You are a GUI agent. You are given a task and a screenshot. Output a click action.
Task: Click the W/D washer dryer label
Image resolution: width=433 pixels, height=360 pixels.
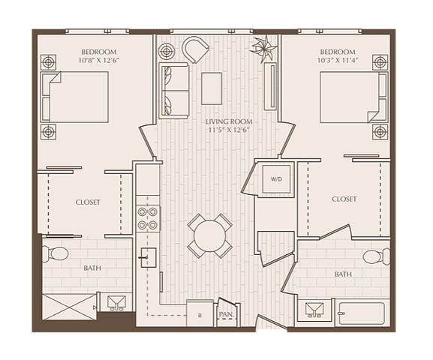click(276, 179)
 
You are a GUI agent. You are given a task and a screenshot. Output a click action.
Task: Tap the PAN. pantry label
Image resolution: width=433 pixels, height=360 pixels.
click(227, 314)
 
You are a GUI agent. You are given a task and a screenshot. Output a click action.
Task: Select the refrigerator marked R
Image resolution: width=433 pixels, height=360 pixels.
click(200, 313)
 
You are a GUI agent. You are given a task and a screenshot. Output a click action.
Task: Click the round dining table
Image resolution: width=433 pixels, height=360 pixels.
click(209, 236)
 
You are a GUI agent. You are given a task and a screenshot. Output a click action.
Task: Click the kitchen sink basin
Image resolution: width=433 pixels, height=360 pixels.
click(149, 257)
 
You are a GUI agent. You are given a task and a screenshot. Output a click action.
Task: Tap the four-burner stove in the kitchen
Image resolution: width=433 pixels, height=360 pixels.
click(148, 219)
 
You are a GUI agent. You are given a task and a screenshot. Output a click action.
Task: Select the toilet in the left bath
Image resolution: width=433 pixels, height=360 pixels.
click(56, 253)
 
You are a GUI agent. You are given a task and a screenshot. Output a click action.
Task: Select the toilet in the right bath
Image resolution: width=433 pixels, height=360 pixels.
click(377, 256)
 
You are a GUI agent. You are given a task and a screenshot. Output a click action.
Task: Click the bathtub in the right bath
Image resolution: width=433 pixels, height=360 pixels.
click(362, 313)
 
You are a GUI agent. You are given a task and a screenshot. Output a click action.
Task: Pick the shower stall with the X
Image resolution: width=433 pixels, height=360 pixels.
click(69, 307)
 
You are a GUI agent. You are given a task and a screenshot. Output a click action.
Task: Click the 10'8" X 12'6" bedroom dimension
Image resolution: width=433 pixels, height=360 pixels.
click(98, 60)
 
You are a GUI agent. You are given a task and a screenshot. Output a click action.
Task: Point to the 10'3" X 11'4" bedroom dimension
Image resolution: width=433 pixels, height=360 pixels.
click(338, 60)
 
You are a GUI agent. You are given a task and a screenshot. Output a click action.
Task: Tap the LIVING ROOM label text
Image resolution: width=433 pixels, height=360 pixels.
click(229, 121)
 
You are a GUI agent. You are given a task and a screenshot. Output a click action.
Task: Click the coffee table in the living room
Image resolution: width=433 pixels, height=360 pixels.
click(212, 88)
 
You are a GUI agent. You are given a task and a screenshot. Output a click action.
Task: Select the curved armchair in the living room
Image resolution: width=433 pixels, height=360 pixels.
click(195, 49)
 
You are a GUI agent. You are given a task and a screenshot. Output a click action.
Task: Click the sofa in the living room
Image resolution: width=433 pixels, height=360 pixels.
click(173, 91)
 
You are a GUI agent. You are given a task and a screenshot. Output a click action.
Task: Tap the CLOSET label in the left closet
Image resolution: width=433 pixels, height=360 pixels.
click(88, 202)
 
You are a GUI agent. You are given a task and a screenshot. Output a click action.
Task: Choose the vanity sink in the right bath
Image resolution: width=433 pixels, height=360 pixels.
click(314, 310)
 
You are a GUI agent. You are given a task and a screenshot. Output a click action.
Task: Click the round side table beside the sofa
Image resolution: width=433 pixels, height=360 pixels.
click(167, 51)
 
